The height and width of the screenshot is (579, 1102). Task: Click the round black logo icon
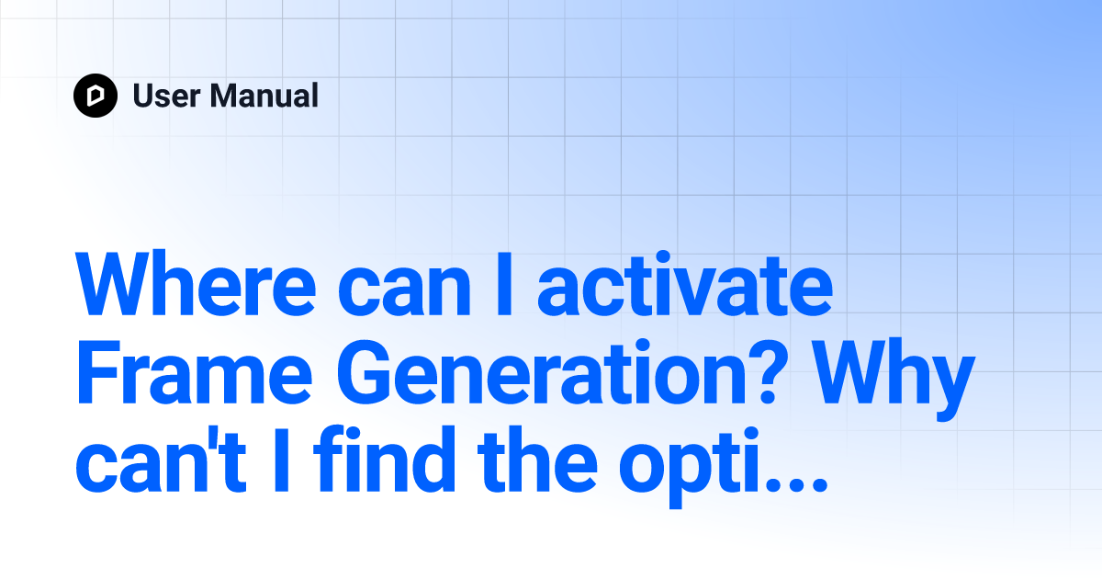[96, 96]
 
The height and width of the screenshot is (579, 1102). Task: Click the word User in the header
[167, 96]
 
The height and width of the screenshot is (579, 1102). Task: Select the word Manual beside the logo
[264, 95]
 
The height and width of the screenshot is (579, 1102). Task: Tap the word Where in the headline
[196, 284]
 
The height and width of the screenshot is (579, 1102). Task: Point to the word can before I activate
[404, 291]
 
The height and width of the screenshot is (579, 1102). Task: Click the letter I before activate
[504, 284]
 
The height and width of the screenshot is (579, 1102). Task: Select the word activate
[685, 284]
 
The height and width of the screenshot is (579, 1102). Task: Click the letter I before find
[281, 460]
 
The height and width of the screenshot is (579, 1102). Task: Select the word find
[386, 459]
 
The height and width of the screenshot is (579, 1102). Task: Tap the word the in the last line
[538, 460]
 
